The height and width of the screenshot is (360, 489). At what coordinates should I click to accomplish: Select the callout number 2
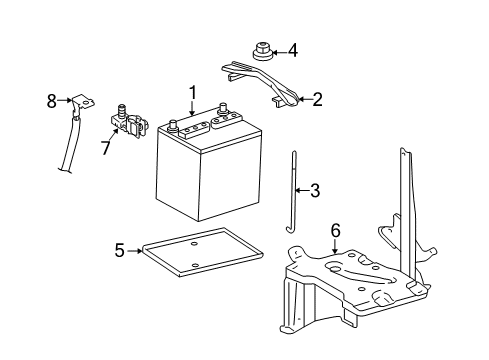click(317, 99)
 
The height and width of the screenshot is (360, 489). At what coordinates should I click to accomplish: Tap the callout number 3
click(315, 189)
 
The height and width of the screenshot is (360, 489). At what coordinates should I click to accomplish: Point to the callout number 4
click(293, 49)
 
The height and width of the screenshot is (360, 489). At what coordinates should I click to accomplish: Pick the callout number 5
click(119, 250)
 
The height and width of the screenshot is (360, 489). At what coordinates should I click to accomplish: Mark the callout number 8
click(52, 99)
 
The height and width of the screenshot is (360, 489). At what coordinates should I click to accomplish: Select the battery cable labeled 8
click(72, 140)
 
